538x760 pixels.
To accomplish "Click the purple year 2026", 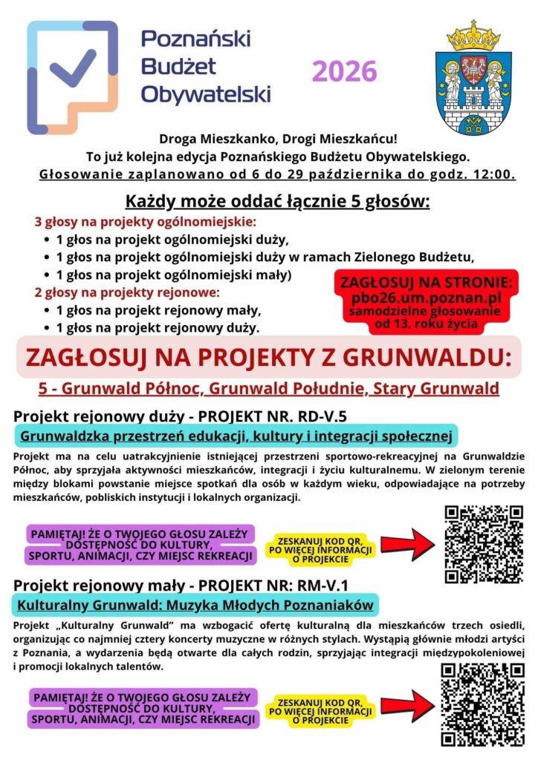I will tap(344, 72).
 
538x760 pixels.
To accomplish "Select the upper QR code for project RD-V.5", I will tap(483, 544).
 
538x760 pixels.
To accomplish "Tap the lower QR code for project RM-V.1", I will tap(483, 704).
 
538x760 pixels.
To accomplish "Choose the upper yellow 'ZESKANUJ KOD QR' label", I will tap(322, 549).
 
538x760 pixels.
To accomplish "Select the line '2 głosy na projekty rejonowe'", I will tap(127, 292).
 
